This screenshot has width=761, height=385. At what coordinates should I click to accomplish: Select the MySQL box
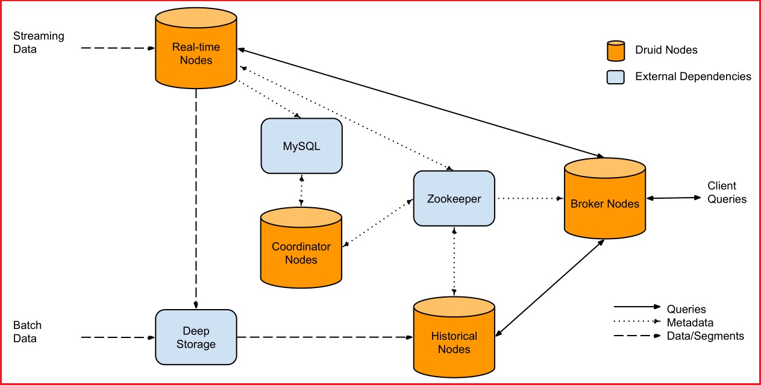tap(301, 146)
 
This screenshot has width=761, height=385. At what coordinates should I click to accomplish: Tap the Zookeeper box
tap(454, 198)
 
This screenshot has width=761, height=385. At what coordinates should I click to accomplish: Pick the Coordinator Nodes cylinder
tap(301, 250)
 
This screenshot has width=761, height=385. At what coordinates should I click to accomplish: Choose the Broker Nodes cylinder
tap(604, 202)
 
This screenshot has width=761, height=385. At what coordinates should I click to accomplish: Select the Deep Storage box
tap(196, 337)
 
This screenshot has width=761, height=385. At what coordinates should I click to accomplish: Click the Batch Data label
tap(28, 332)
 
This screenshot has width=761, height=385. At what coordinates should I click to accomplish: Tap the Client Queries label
tap(727, 192)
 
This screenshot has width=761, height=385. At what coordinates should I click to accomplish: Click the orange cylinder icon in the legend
tap(615, 51)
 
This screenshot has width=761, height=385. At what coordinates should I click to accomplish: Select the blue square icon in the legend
tap(615, 77)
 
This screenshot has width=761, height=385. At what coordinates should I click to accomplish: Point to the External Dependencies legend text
tap(693, 77)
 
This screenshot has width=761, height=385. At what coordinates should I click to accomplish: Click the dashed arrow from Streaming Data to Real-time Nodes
tap(117, 48)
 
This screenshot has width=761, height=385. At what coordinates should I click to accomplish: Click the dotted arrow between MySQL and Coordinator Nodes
tap(301, 190)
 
